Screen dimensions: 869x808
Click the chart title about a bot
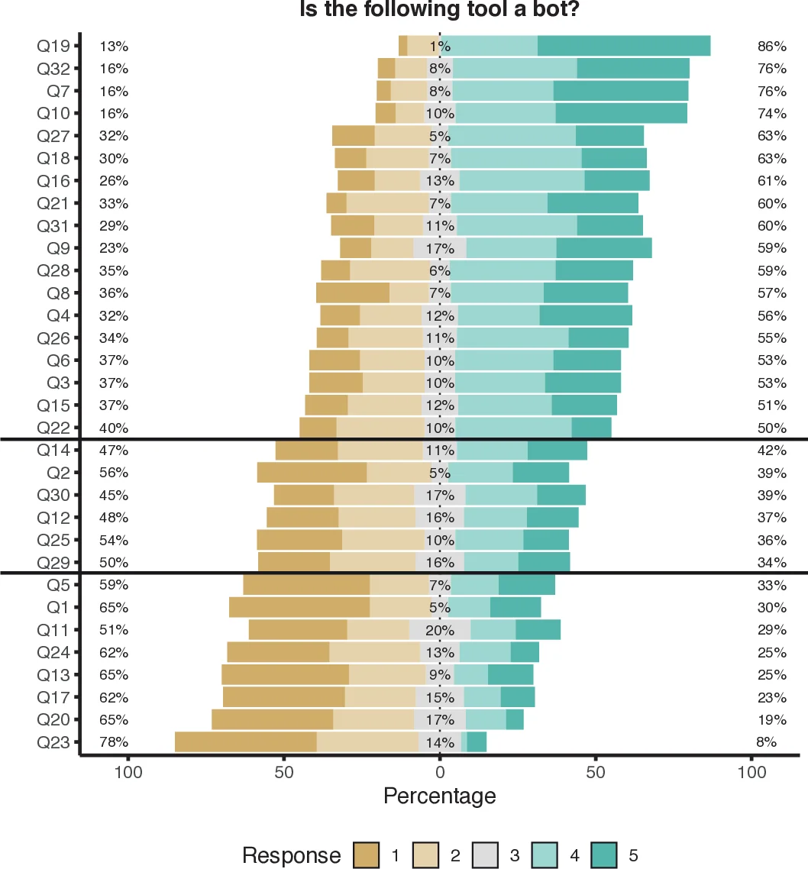pos(439,10)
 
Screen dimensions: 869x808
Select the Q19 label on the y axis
pos(53,46)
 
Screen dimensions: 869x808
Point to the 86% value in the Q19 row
pos(771,46)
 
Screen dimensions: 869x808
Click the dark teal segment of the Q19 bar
pos(624,46)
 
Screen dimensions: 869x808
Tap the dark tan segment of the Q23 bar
pos(245,742)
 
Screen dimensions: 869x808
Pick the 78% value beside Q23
pos(114,742)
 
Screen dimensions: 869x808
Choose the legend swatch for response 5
pos(606,855)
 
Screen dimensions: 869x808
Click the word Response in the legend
pos(291,855)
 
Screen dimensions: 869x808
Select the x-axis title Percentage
pos(439,796)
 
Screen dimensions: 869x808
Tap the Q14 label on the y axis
pos(53,451)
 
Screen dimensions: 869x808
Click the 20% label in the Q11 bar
pos(440,630)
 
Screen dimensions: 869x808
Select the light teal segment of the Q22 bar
pos(513,428)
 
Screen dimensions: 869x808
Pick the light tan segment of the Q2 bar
pos(398,473)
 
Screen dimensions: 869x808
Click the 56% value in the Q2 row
pos(114,473)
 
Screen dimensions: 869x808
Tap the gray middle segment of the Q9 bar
pos(439,248)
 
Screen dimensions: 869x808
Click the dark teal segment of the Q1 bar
pos(516,608)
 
